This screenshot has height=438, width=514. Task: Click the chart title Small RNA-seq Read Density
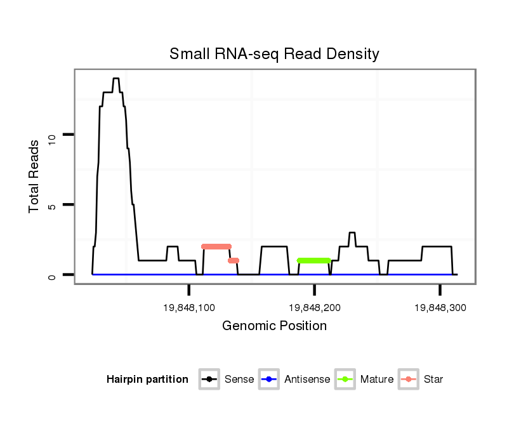274,54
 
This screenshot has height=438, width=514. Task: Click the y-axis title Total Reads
35,176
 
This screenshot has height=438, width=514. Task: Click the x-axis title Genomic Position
274,326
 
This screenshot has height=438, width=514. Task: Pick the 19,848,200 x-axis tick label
315,308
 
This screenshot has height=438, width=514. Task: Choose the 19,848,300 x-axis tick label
440,308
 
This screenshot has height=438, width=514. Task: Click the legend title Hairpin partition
147,380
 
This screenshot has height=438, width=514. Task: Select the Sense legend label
239,380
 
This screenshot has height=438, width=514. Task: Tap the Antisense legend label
307,380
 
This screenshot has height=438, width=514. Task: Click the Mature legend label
377,380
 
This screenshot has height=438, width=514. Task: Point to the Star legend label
433,380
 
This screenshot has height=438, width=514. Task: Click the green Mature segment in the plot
313,260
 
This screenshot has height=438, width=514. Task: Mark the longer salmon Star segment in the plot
216,246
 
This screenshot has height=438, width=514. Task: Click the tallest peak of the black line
115,79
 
